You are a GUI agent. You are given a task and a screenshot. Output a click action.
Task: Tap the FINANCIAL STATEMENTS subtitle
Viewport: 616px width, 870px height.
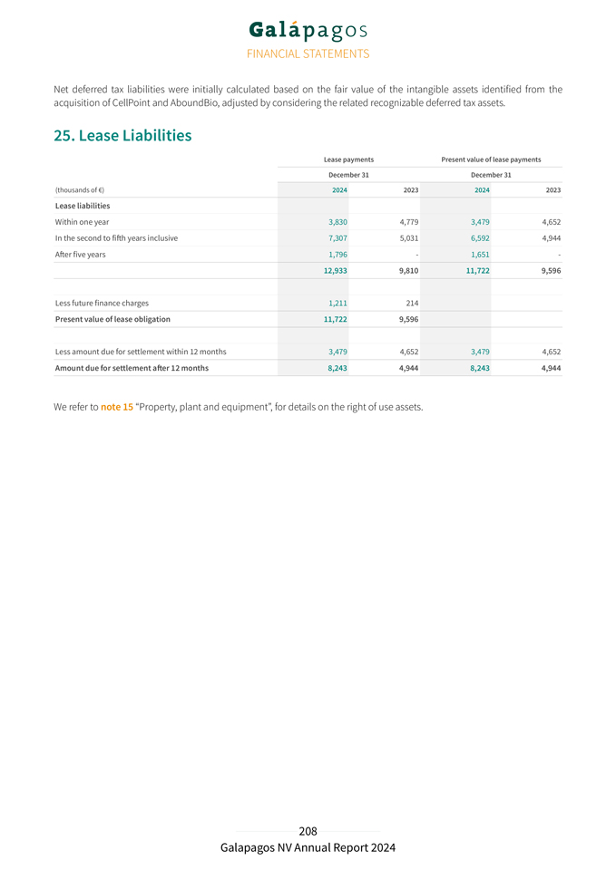(308, 53)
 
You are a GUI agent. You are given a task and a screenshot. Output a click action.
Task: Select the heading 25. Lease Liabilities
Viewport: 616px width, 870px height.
(122, 136)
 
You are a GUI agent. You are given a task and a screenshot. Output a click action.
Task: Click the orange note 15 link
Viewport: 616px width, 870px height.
(117, 407)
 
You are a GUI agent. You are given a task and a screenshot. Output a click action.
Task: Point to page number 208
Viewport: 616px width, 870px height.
(308, 831)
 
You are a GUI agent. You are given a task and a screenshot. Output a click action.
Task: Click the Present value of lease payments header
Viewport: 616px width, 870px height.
(491, 159)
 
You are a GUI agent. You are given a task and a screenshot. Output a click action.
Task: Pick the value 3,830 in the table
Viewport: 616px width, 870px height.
(337, 222)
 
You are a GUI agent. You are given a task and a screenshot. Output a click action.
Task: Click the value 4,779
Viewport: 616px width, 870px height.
(408, 222)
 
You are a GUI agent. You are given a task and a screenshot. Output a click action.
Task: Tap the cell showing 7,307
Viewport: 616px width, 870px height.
(337, 238)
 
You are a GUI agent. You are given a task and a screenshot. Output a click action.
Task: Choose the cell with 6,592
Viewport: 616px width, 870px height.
(479, 238)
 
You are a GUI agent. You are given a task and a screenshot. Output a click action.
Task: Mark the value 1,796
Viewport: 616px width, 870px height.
(337, 255)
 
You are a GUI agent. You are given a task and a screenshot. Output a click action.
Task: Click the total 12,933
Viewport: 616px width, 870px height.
(335, 271)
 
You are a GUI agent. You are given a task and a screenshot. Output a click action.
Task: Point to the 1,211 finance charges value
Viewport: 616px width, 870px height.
(337, 303)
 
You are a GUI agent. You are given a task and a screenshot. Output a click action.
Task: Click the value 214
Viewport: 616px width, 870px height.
(412, 303)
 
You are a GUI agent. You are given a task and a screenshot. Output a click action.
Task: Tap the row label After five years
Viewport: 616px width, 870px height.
(80, 255)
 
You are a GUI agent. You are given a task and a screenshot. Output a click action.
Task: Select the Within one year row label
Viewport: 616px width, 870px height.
(82, 222)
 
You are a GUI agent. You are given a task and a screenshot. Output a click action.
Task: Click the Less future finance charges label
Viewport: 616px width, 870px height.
(102, 303)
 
